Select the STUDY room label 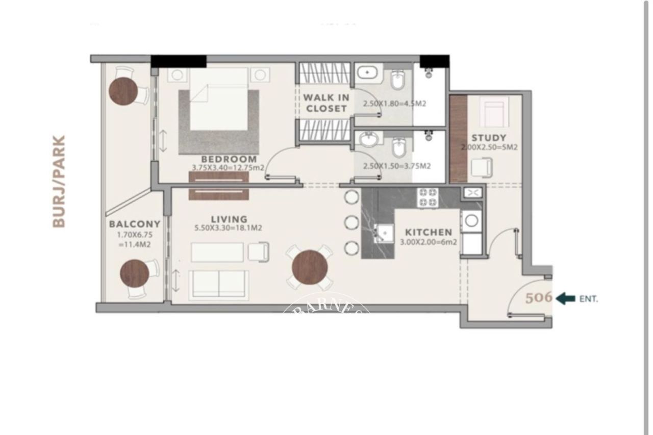click(489, 138)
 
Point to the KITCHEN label click(429, 232)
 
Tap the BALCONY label click(135, 224)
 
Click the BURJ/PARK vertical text click(59, 181)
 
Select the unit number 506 click(539, 298)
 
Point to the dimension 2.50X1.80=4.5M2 click(394, 104)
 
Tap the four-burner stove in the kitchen click(428, 198)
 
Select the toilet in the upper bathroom click(397, 80)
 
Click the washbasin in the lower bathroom click(367, 139)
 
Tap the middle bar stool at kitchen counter click(351, 222)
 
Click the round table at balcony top click(123, 91)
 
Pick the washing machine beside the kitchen click(471, 220)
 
